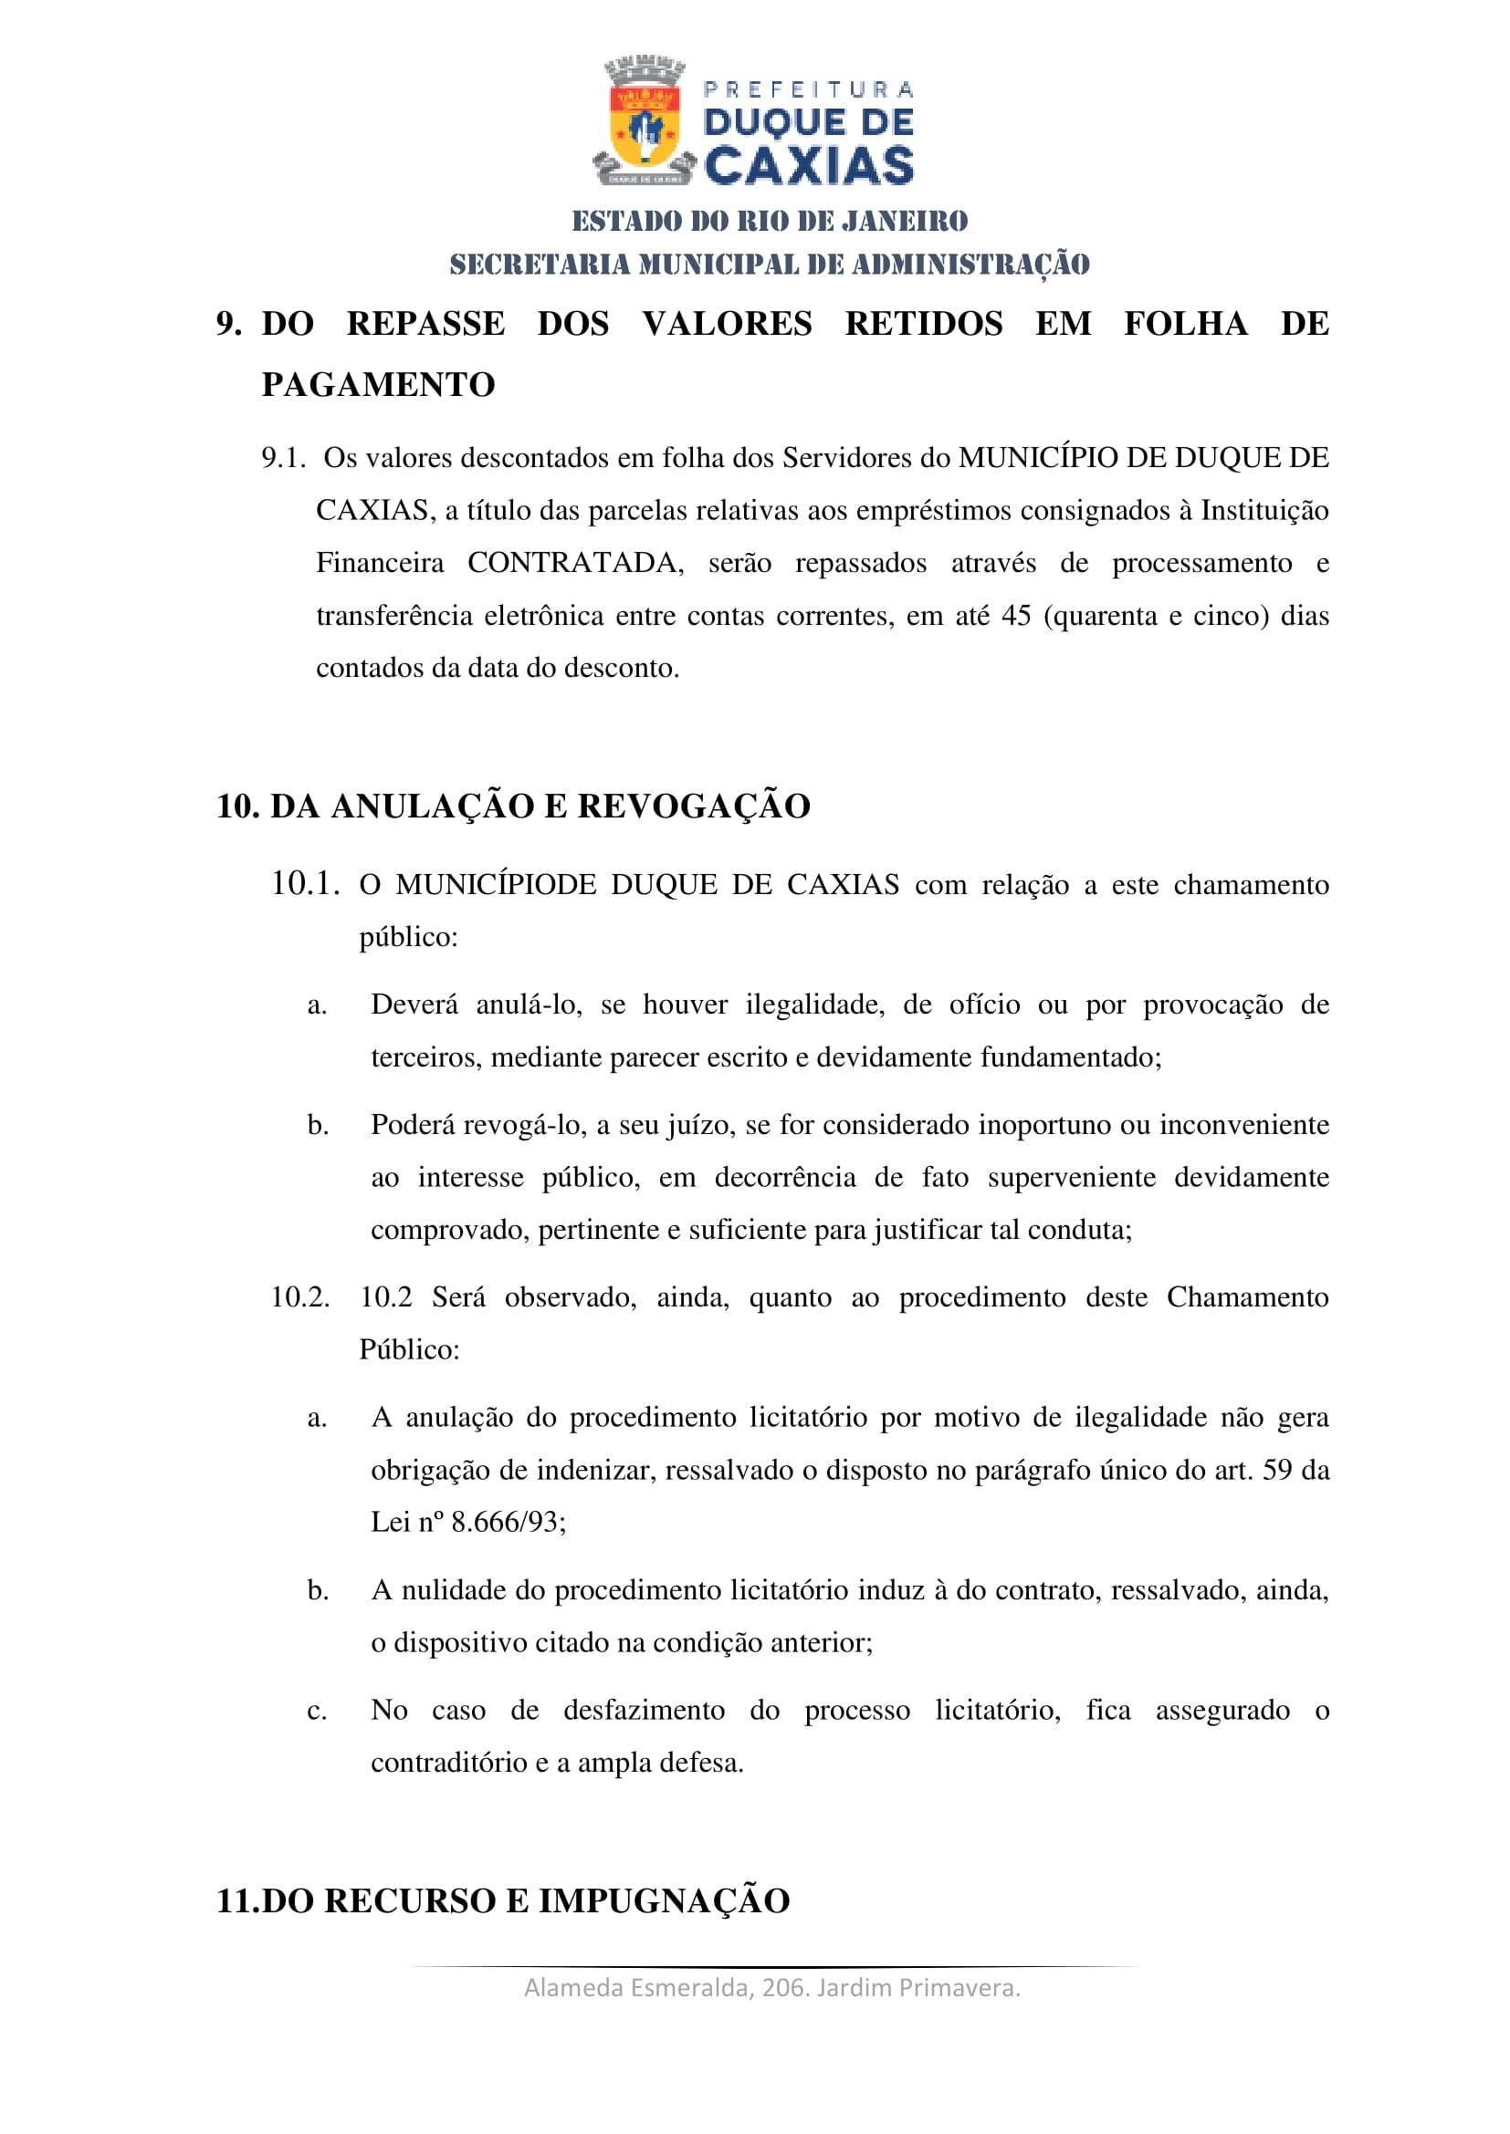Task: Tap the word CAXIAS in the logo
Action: (x=809, y=166)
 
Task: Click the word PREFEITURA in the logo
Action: (x=809, y=90)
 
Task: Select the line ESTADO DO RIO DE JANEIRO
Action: (x=770, y=221)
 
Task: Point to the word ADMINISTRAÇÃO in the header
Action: (x=970, y=265)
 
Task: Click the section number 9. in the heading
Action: (x=229, y=325)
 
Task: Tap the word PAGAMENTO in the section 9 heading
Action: (x=379, y=385)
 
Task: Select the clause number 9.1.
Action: (x=284, y=458)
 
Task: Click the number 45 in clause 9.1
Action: (x=1016, y=616)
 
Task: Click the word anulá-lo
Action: (x=530, y=1005)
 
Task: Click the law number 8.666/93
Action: (x=508, y=1523)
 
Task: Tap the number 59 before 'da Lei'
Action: (x=1276, y=1471)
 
